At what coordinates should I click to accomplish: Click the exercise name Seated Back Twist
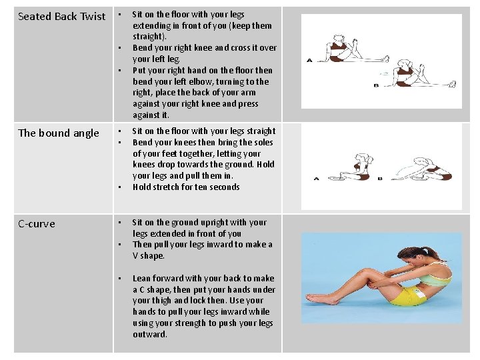61,16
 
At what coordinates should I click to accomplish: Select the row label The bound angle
59,133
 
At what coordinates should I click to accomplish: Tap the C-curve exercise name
37,224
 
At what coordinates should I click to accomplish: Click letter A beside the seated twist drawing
309,60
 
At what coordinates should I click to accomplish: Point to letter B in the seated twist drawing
376,85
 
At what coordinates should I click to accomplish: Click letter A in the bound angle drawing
316,179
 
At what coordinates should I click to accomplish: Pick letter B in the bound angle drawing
380,179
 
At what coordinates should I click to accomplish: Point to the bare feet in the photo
319,298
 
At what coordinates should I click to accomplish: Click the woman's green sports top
435,275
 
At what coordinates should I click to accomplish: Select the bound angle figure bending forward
422,169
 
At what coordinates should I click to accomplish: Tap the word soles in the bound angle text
261,143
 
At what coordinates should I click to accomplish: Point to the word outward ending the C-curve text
150,334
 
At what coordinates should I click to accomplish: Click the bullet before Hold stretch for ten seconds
120,187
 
